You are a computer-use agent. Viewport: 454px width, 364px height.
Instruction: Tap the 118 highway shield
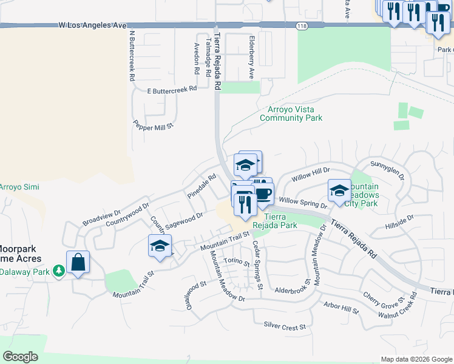tap(301, 25)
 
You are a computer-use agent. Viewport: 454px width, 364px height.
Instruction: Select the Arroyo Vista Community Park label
tap(291, 114)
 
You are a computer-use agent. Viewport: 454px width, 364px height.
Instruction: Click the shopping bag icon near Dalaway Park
tap(78, 263)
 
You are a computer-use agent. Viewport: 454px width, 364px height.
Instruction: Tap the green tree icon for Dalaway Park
tap(59, 270)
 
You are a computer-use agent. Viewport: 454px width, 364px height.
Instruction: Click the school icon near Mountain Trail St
tap(160, 246)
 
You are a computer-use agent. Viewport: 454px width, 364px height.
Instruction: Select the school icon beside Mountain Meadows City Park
tap(339, 191)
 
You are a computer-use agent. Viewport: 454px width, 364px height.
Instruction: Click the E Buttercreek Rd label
tap(172, 89)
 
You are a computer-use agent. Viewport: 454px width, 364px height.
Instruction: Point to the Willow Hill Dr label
tap(310, 175)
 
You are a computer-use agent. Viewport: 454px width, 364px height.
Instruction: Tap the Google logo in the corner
tap(21, 357)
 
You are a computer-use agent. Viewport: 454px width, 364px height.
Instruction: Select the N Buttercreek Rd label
tap(131, 56)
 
